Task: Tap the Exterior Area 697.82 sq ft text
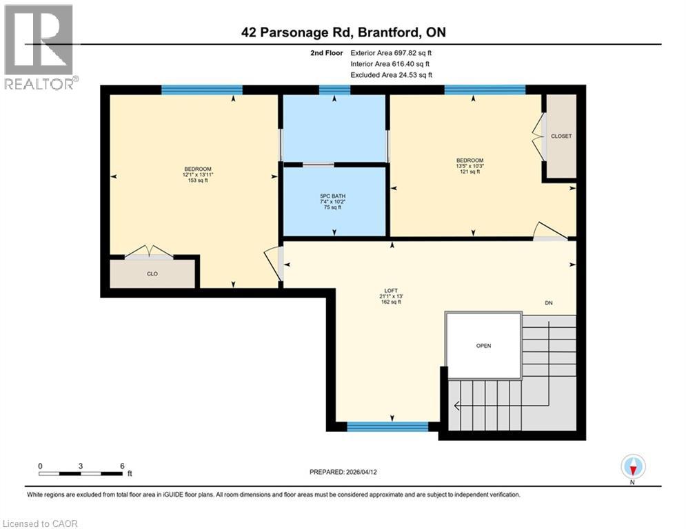[392, 52]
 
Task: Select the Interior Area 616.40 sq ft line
[390, 63]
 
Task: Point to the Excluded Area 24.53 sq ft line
[392, 75]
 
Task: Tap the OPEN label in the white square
[483, 346]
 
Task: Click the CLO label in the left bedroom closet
[152, 273]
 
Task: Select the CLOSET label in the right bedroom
[561, 136]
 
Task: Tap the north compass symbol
[632, 467]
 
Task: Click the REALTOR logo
[40, 47]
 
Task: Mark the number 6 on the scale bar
[122, 466]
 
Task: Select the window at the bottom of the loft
[387, 427]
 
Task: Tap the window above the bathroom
[334, 90]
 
